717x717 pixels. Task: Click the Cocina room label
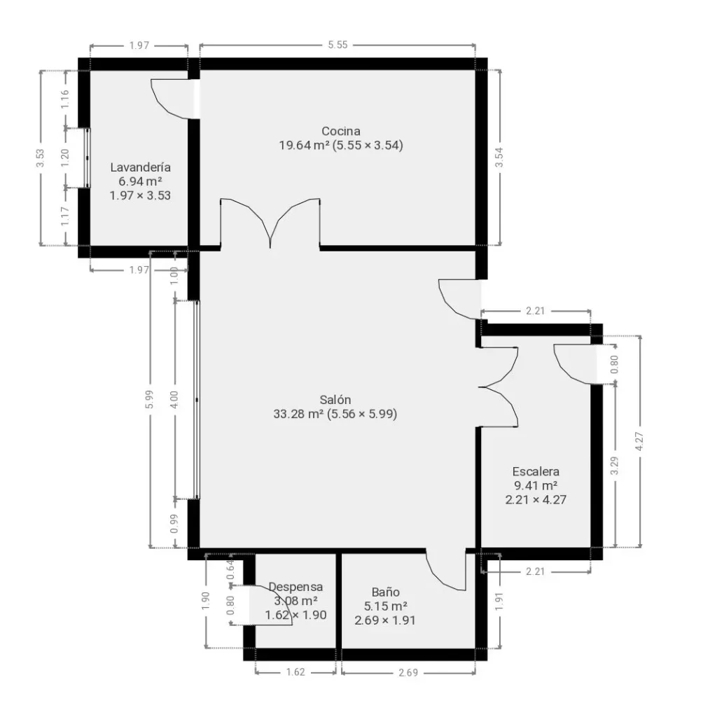click(341, 131)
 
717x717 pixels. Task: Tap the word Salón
click(335, 400)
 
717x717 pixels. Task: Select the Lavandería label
click(140, 167)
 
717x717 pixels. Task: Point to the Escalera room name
click(536, 471)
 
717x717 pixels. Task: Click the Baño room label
click(386, 592)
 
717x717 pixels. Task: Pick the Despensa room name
click(295, 587)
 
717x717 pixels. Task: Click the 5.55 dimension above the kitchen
click(338, 45)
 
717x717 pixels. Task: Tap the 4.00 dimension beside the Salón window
click(174, 400)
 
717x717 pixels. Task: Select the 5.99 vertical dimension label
click(149, 400)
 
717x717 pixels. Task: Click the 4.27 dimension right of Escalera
click(640, 441)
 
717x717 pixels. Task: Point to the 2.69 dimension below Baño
click(408, 672)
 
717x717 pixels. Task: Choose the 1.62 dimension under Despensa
click(295, 671)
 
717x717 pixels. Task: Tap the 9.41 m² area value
click(536, 485)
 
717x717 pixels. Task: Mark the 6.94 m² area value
click(140, 181)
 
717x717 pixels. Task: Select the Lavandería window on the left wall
click(87, 158)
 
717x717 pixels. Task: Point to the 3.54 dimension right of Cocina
click(499, 158)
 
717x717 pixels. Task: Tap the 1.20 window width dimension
click(64, 158)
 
